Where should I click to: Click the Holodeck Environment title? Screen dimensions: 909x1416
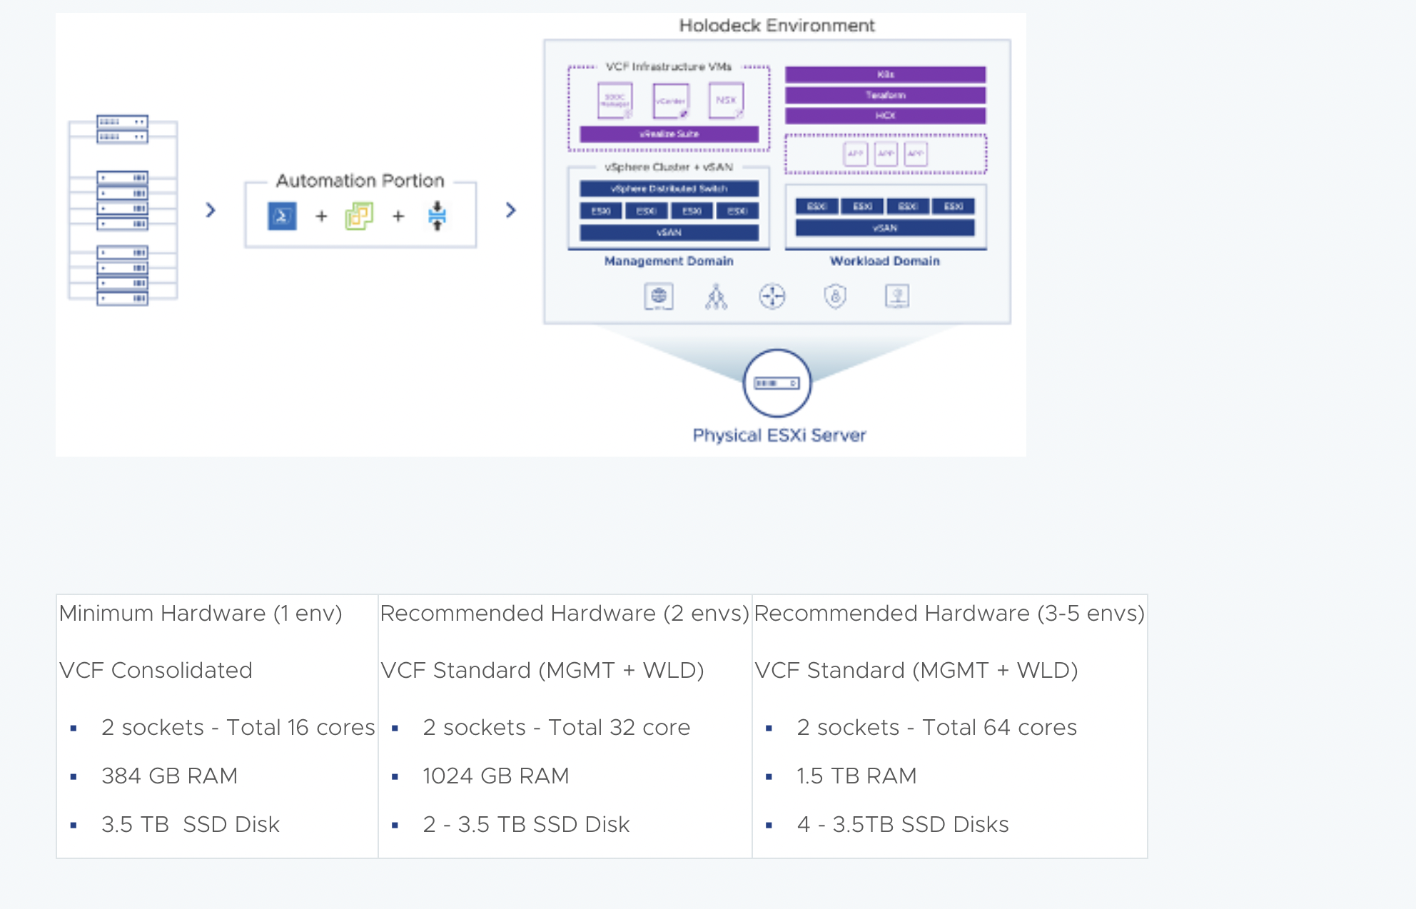tap(777, 26)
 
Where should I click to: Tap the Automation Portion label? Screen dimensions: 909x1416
tap(360, 181)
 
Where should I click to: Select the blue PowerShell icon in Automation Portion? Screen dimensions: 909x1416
tap(282, 216)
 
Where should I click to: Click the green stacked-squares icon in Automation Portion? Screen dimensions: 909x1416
tap(359, 215)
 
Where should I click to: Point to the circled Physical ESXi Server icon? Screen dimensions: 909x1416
tap(777, 383)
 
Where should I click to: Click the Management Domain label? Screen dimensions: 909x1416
tap(669, 261)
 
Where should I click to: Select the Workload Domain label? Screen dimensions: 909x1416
tap(884, 261)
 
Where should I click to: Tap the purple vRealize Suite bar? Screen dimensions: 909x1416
tap(669, 134)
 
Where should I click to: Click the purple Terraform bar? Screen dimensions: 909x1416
tap(885, 95)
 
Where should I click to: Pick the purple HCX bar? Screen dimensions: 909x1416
tap(885, 116)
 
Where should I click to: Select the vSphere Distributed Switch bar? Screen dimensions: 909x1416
tap(669, 189)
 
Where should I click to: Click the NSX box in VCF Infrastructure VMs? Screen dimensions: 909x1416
tap(726, 101)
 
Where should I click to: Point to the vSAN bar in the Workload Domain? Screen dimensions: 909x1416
tap(884, 228)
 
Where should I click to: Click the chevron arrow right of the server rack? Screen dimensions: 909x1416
tap(211, 210)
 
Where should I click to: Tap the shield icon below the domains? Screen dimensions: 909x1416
tap(835, 296)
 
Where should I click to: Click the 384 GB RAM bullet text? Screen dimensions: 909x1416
tap(169, 776)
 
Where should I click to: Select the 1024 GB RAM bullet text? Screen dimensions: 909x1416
tap(495, 776)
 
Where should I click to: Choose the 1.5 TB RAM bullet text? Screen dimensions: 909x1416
tap(856, 776)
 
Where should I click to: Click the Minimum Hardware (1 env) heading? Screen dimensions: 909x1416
tap(201, 613)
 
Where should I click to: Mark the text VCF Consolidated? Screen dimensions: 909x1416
tap(156, 670)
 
